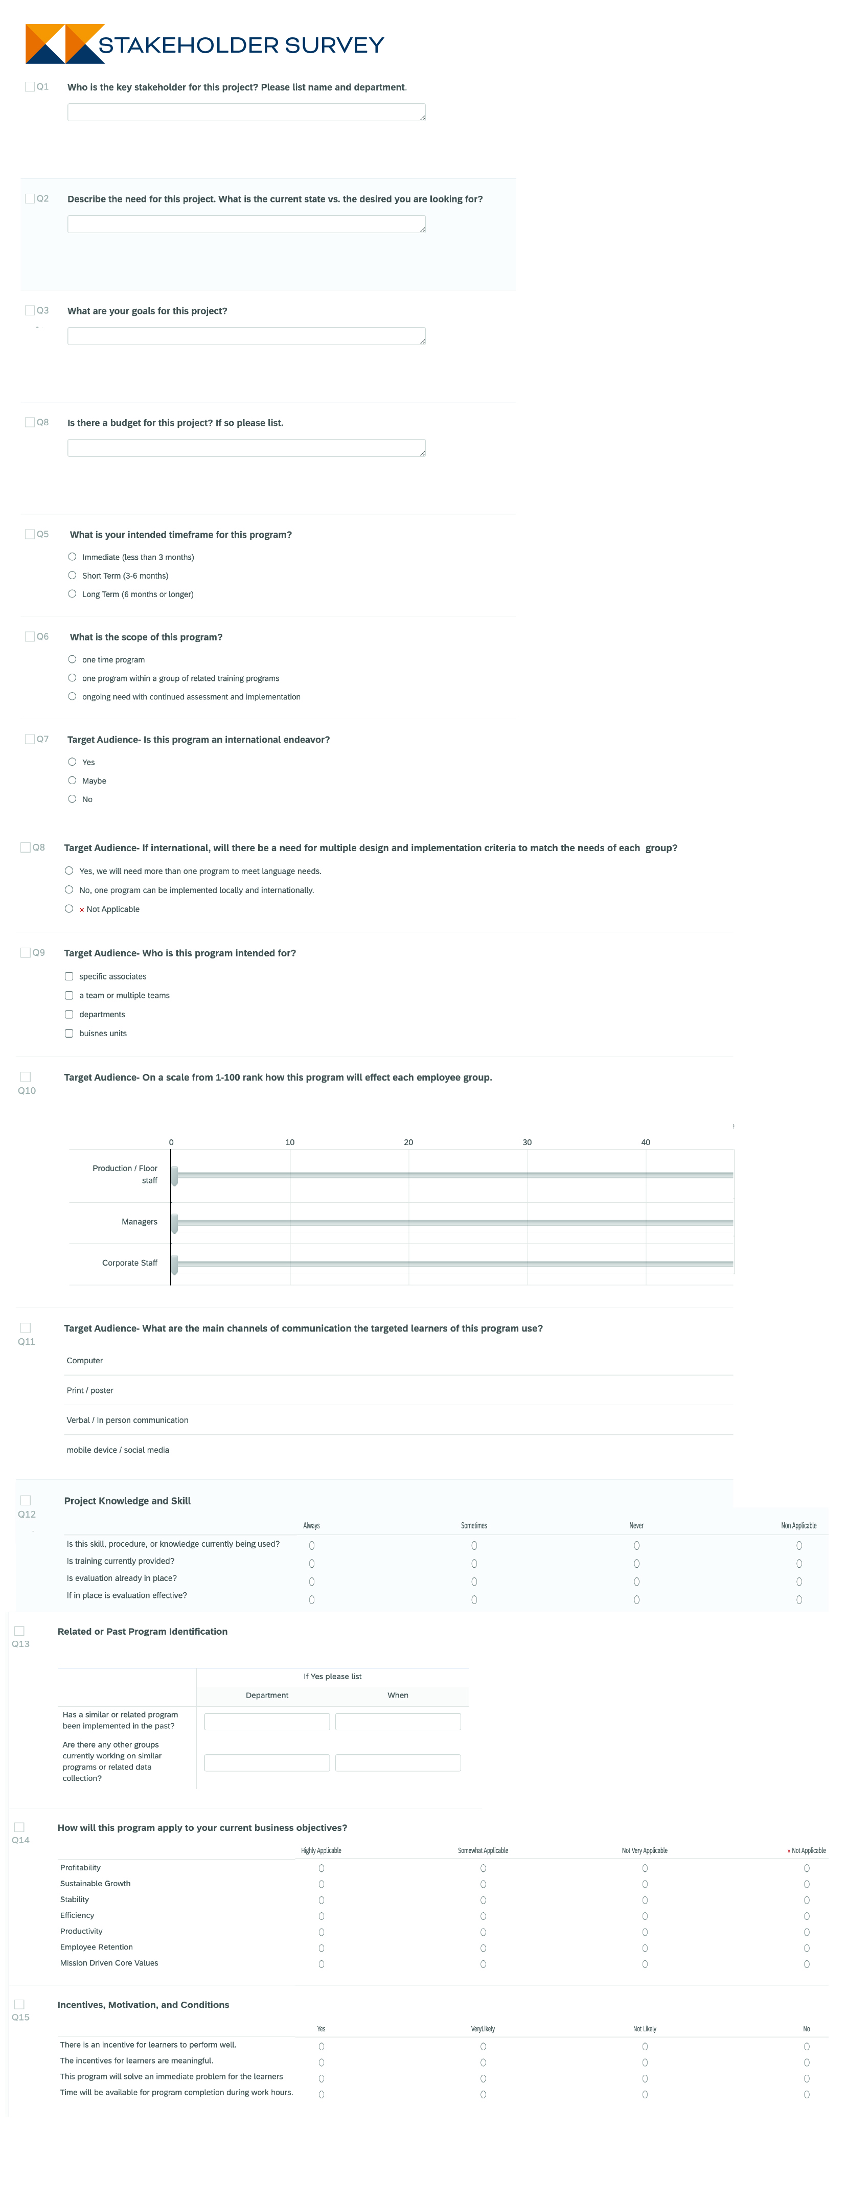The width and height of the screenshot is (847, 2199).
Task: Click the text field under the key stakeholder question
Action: tap(246, 112)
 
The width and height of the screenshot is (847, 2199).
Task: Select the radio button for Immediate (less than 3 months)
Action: tap(73, 557)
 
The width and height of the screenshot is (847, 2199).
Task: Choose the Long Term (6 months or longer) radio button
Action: tap(73, 593)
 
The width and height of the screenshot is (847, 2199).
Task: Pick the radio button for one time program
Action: tap(73, 659)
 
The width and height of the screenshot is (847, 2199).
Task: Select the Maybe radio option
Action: tap(73, 780)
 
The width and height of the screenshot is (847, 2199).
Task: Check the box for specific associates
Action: tap(69, 976)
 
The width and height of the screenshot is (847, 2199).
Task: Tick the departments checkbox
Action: tap(69, 1014)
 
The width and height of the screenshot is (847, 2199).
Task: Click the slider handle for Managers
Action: tap(174, 1222)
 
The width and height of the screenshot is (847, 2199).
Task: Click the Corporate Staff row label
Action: tap(130, 1263)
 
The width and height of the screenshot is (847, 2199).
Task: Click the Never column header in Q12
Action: tap(636, 1525)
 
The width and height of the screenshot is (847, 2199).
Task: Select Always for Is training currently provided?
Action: tap(312, 1563)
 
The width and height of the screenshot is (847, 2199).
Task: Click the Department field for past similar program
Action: tap(266, 1721)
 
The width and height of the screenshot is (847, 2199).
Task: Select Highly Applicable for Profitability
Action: tap(321, 1868)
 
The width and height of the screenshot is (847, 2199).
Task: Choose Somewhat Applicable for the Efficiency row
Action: tap(483, 1916)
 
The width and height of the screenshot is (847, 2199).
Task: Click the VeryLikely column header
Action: tap(483, 2028)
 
